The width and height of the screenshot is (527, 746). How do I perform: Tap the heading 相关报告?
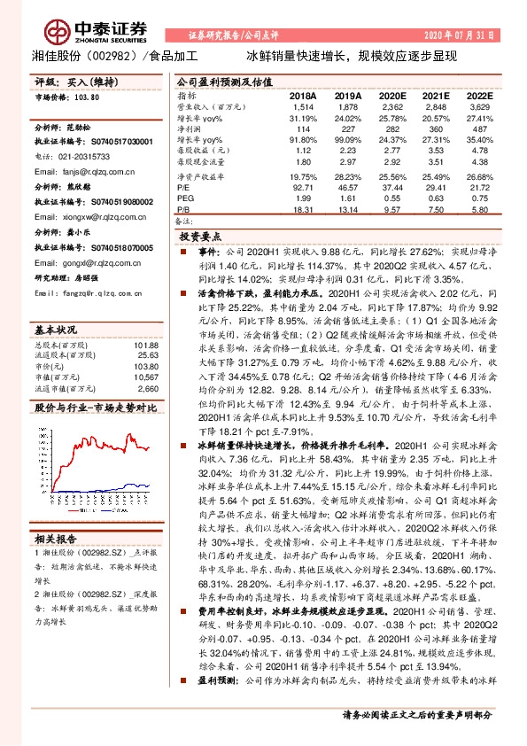56,538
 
